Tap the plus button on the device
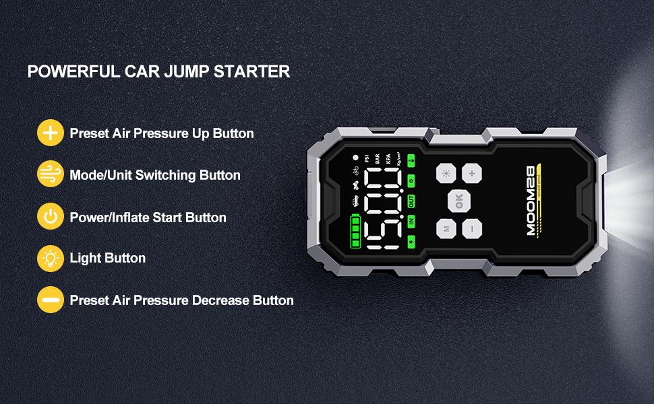pos(472,173)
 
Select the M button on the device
pos(446,229)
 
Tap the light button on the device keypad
pos(446,173)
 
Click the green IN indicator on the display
pos(411,220)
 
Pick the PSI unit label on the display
pos(367,159)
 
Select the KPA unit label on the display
pos(388,160)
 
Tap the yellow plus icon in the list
pos(51,133)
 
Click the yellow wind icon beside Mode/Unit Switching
pos(51,175)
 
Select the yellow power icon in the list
pos(51,217)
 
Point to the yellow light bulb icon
pos(51,258)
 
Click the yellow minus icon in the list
pos(51,300)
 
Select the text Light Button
pos(108,258)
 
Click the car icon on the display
pos(354,200)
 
